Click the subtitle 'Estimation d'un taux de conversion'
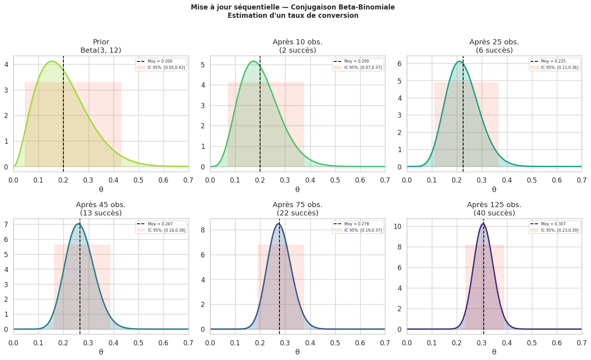pyautogui.click(x=293, y=16)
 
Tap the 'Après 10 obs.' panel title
pyautogui.click(x=297, y=42)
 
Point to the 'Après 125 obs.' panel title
pyautogui.click(x=494, y=205)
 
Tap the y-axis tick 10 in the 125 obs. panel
pyautogui.click(x=399, y=227)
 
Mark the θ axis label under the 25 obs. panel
pyautogui.click(x=494, y=190)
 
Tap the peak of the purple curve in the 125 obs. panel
pyautogui.click(x=483, y=224)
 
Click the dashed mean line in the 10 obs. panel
pyautogui.click(x=260, y=119)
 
